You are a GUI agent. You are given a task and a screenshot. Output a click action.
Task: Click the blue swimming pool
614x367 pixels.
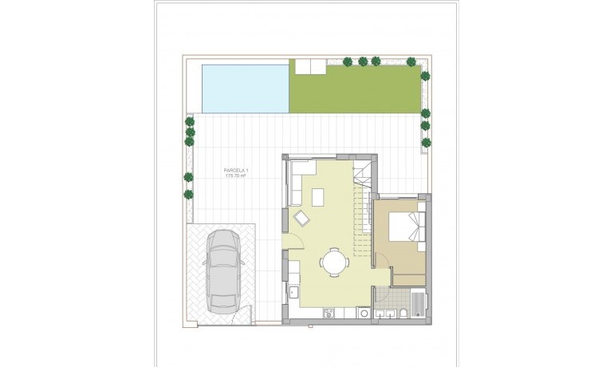click(244, 89)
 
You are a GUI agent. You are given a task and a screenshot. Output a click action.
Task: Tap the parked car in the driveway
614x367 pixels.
click(223, 271)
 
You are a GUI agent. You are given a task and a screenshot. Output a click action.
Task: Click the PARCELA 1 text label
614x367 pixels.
click(237, 170)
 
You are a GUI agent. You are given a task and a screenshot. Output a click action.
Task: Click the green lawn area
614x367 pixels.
click(355, 89)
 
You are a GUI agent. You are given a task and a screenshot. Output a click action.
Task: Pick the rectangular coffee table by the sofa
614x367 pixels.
click(319, 196)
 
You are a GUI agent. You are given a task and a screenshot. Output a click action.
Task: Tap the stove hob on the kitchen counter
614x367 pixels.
click(329, 314)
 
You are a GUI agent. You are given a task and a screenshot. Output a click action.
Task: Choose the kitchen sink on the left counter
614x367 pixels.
click(293, 292)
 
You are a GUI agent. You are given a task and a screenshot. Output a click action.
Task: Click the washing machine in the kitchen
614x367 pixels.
click(364, 313)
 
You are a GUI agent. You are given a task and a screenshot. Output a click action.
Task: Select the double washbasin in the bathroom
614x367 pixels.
click(384, 314)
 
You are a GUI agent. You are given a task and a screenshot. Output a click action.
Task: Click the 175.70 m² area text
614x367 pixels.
click(237, 176)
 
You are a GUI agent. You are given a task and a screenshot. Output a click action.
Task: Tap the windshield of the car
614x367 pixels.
click(223, 256)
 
